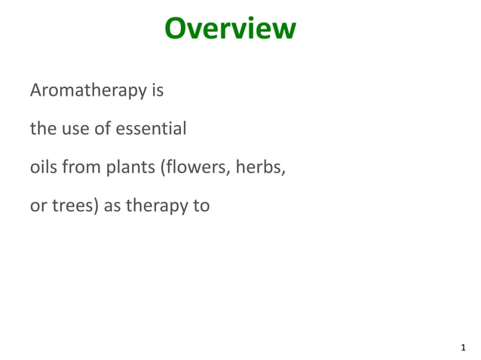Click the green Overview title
[230, 29]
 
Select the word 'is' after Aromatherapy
[157, 90]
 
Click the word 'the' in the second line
[41, 129]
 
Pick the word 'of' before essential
[103, 129]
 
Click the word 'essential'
[151, 129]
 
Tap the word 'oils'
[43, 166]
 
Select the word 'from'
[80, 166]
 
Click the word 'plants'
[130, 167]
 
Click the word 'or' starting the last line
[38, 205]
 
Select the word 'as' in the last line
[112, 205]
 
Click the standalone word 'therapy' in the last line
[156, 206]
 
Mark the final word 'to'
[201, 205]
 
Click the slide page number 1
[463, 348]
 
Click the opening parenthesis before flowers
[162, 167]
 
